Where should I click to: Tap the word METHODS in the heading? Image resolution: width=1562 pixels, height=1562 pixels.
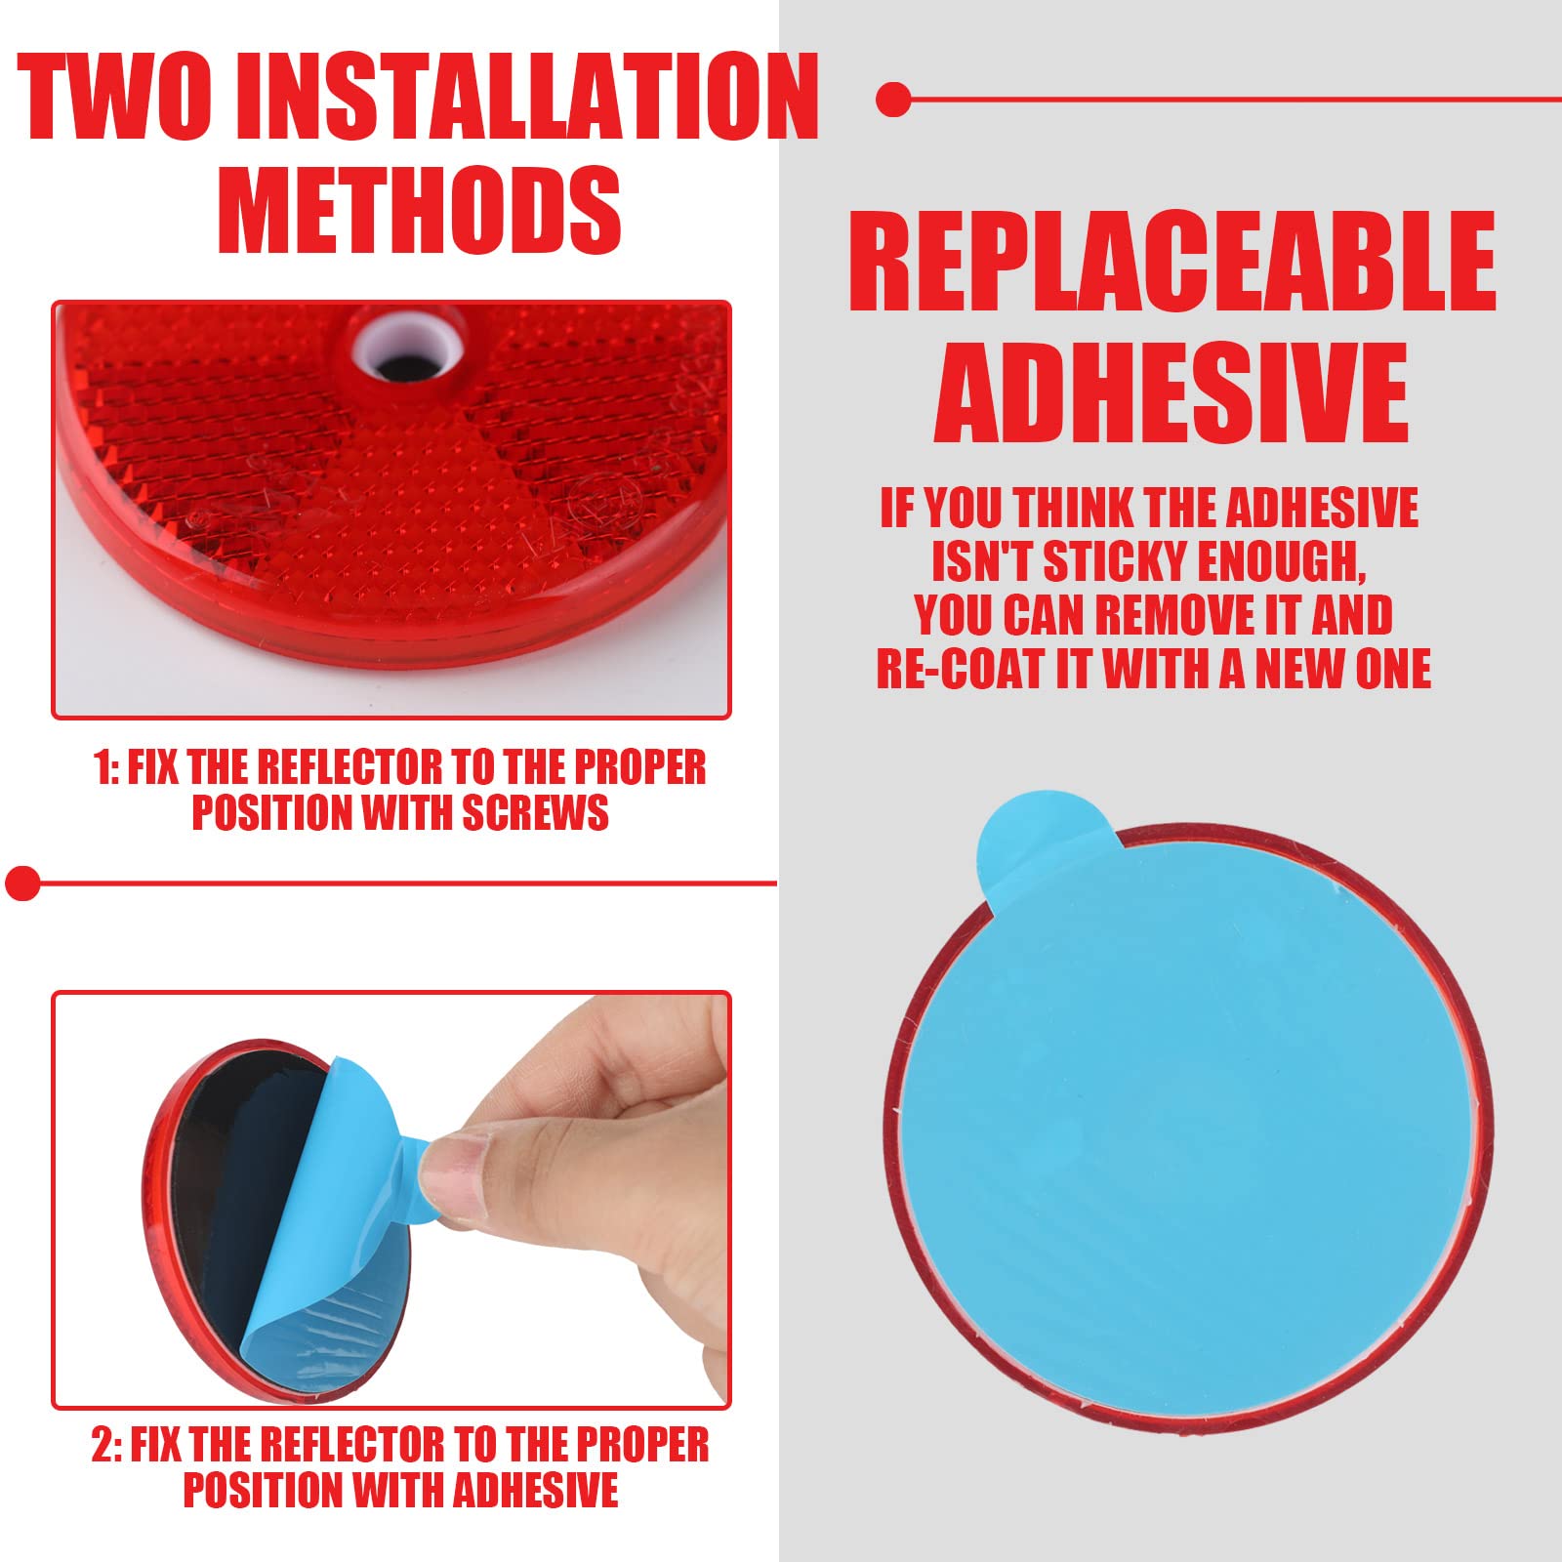click(x=420, y=211)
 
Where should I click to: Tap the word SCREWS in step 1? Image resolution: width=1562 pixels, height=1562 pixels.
click(x=535, y=813)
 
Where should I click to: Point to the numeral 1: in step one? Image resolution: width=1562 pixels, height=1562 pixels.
click(x=106, y=768)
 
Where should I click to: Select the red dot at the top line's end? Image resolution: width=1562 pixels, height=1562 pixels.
click(x=893, y=100)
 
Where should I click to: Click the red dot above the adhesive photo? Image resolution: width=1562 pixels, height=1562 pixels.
click(x=21, y=883)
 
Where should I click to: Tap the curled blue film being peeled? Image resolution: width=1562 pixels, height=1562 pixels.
click(x=322, y=1220)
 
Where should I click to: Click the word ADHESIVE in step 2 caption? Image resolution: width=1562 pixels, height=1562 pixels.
click(x=535, y=1491)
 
